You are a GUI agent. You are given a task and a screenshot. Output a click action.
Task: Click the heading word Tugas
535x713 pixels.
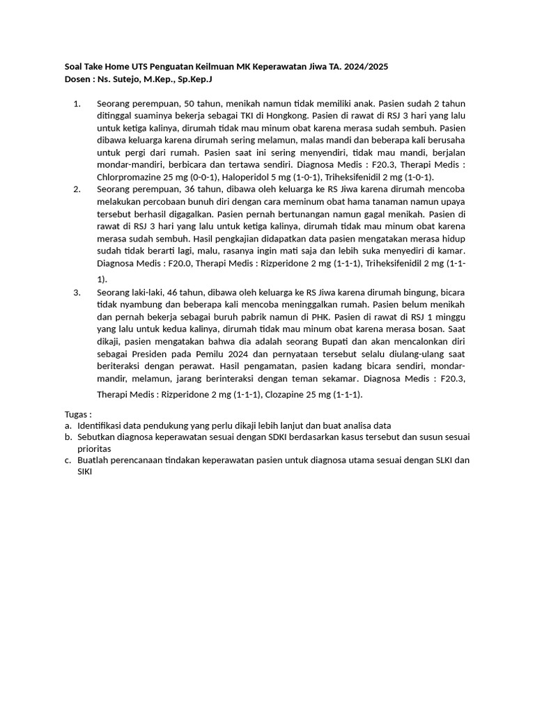pyautogui.click(x=77, y=414)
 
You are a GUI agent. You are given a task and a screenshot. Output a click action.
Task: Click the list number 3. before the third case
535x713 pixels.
pyautogui.click(x=77, y=292)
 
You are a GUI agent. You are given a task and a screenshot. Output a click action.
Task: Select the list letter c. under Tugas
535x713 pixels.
pyautogui.click(x=68, y=460)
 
